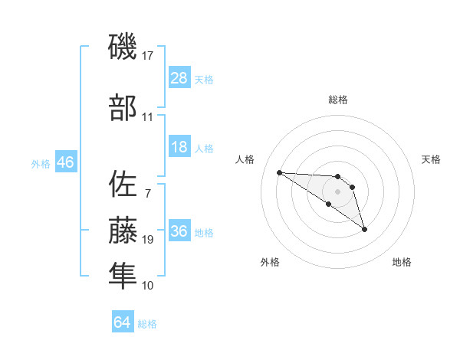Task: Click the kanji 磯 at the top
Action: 123,47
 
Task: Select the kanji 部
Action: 123,108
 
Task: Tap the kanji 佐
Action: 123,185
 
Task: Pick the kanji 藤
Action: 123,231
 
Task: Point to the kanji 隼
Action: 123,275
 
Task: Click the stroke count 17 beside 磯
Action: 147,56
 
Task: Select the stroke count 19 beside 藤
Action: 147,240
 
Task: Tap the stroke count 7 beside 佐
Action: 147,193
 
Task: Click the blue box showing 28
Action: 179,78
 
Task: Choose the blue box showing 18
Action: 179,147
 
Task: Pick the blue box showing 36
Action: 179,231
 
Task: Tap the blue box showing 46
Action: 65,162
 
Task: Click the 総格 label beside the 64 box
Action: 147,324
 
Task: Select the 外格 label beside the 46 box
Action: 41,163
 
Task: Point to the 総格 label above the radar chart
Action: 337,100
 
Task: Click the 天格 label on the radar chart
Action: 431,159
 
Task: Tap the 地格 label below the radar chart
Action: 402,262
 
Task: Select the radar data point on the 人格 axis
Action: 279,172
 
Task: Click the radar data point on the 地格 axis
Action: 364,229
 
